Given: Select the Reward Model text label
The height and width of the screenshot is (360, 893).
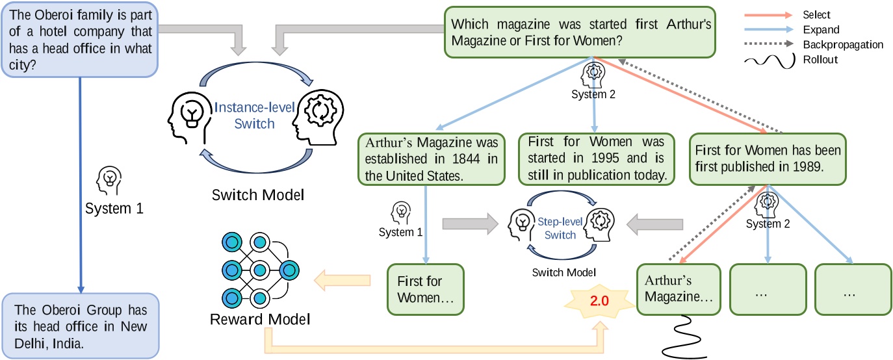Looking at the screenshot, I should [260, 319].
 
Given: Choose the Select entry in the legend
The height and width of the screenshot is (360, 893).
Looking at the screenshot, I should [816, 15].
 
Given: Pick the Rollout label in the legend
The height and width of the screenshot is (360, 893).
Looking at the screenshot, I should [820, 60].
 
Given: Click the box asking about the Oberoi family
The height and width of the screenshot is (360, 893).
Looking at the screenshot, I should [79, 40].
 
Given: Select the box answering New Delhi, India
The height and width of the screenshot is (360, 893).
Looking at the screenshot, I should [79, 326].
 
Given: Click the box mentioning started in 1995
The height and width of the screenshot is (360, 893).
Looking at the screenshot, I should [597, 158].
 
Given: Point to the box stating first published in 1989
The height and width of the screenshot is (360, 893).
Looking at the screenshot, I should [768, 158].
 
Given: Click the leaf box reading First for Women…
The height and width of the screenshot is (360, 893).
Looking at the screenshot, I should [425, 289].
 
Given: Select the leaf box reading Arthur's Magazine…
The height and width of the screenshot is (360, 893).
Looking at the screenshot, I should [679, 289].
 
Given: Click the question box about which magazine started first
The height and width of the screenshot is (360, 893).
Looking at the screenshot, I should [580, 32].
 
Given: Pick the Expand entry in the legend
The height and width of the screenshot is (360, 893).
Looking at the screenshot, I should [821, 30].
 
